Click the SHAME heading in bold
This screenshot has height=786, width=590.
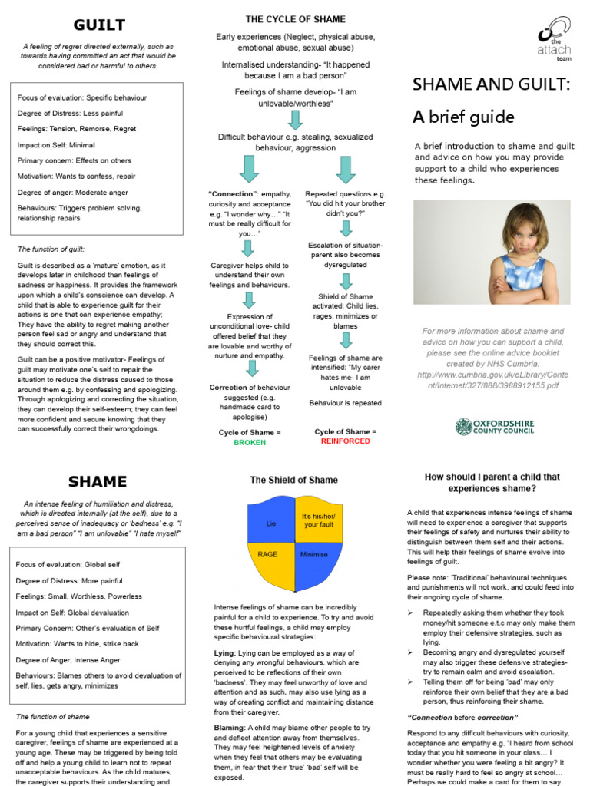[x=98, y=481]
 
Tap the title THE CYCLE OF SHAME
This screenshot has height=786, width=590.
[x=295, y=19]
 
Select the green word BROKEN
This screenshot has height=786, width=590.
[x=250, y=443]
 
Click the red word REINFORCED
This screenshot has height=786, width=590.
[x=345, y=442]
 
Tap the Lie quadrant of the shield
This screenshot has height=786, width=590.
[x=270, y=523]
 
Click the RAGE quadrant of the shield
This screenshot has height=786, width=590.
[x=267, y=554]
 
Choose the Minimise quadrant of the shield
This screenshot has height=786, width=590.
[x=314, y=554]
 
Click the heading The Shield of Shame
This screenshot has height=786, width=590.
[x=293, y=480]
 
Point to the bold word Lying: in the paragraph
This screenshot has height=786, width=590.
[x=226, y=652]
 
